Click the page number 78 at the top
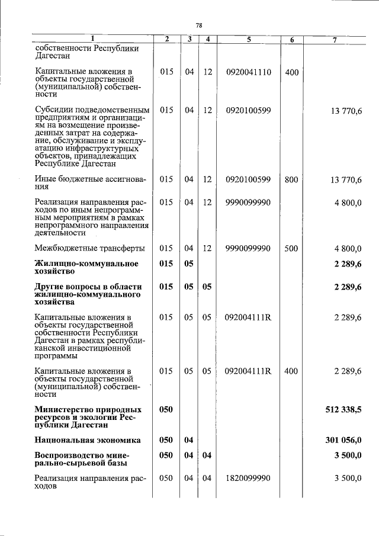(199, 25)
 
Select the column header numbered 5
(248, 39)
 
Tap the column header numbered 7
(335, 39)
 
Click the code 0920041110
(248, 72)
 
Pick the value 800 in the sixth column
(291, 179)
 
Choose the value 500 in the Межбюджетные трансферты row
(291, 249)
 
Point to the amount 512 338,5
(343, 409)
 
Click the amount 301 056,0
(343, 440)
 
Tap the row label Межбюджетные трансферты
(82, 249)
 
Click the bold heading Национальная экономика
(88, 440)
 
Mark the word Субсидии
(53, 110)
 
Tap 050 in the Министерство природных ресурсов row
(166, 409)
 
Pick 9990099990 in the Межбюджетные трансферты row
(248, 249)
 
